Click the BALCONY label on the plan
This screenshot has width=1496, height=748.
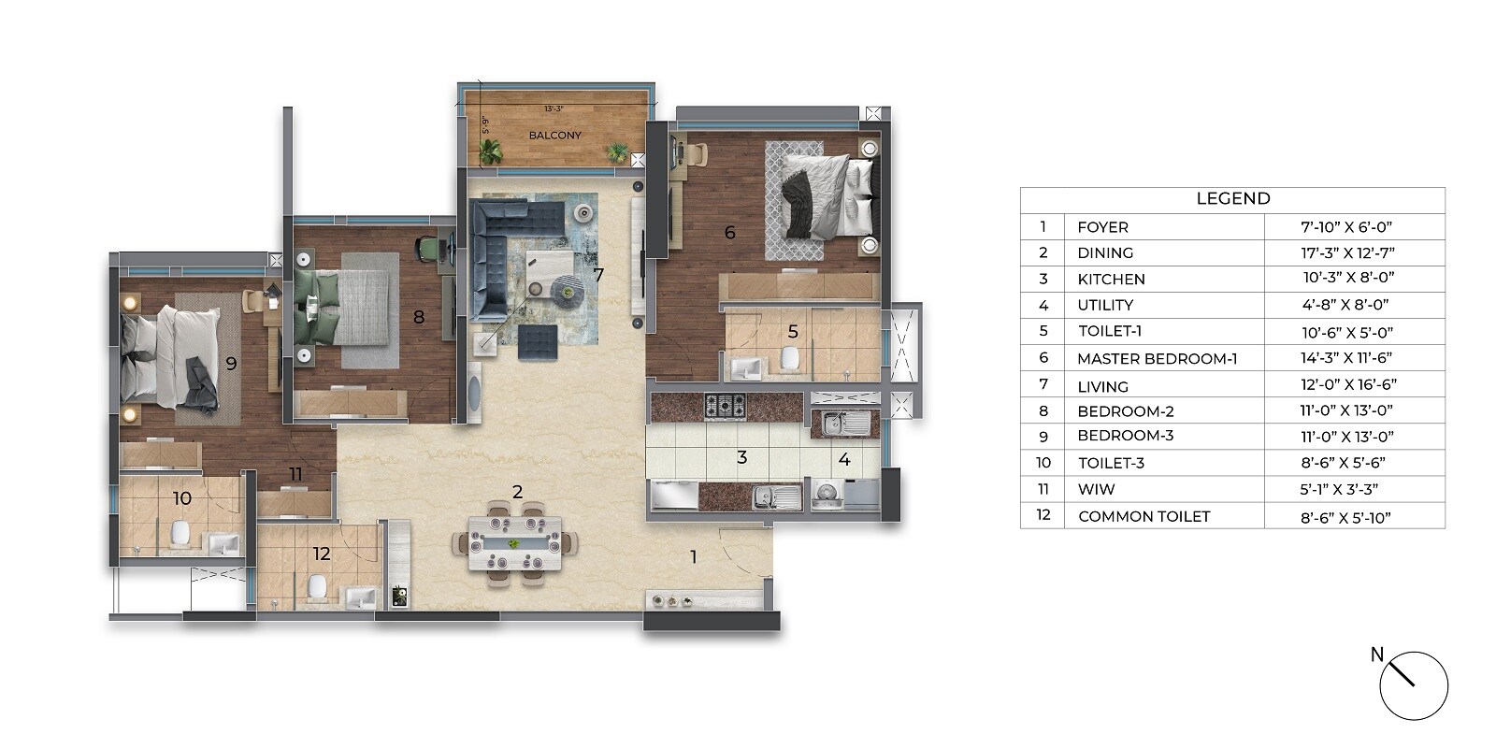pyautogui.click(x=554, y=136)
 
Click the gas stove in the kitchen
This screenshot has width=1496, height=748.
pyautogui.click(x=725, y=406)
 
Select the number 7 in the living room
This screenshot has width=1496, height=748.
pyautogui.click(x=598, y=275)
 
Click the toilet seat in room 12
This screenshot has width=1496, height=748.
pyautogui.click(x=316, y=586)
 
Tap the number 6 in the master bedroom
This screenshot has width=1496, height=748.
pyautogui.click(x=730, y=232)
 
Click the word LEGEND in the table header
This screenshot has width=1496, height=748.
pyautogui.click(x=1232, y=198)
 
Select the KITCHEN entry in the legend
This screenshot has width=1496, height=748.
pyautogui.click(x=1111, y=279)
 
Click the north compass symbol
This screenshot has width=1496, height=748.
pyautogui.click(x=1413, y=685)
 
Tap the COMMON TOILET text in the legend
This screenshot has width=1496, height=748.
pyautogui.click(x=1144, y=516)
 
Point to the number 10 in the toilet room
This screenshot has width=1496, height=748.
pyautogui.click(x=182, y=498)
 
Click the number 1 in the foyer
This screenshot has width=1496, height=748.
pyautogui.click(x=693, y=557)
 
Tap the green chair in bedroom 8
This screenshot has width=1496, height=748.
pyautogui.click(x=428, y=247)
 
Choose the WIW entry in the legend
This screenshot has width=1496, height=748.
pyautogui.click(x=1096, y=489)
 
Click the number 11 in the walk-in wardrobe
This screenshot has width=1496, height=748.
pyautogui.click(x=295, y=474)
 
